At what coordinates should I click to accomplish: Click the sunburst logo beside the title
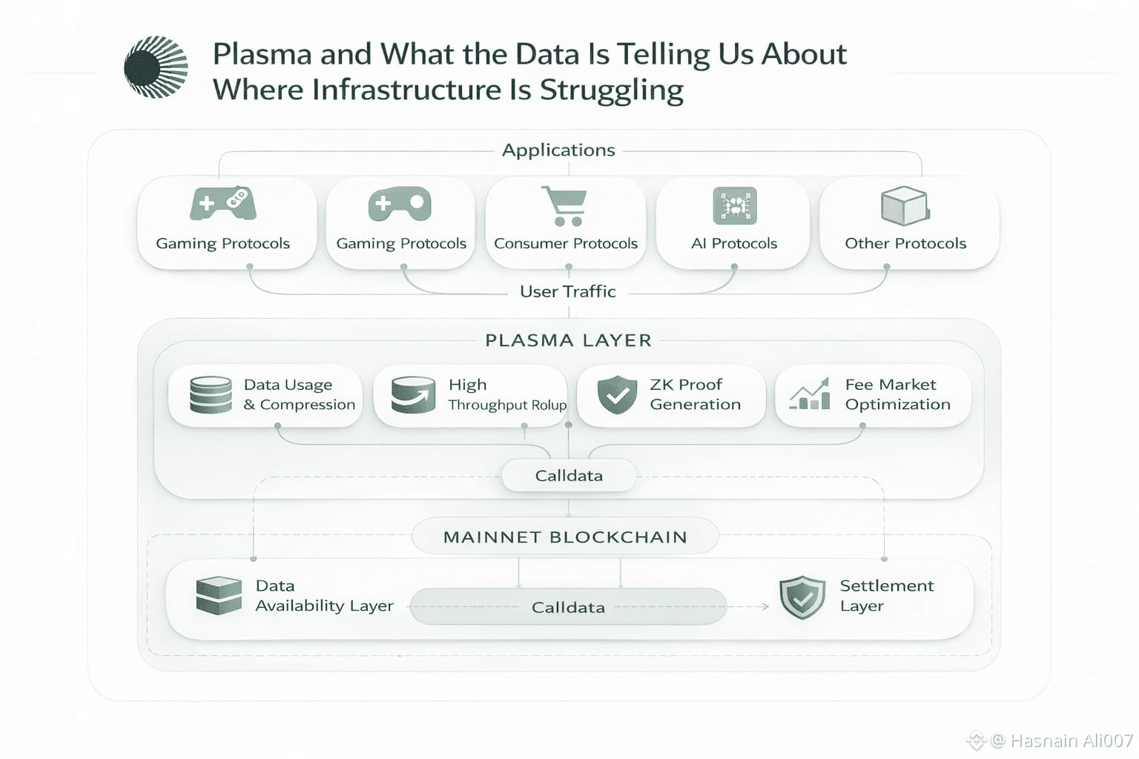pyautogui.click(x=156, y=67)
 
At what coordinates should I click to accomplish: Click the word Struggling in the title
pyautogui.click(x=611, y=90)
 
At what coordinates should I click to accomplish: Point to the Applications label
pyautogui.click(x=558, y=150)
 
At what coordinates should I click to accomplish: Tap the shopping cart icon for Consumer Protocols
pyautogui.click(x=565, y=206)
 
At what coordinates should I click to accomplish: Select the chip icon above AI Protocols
pyautogui.click(x=734, y=205)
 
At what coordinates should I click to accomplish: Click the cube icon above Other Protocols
pyautogui.click(x=905, y=205)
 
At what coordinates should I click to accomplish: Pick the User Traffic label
pyautogui.click(x=568, y=292)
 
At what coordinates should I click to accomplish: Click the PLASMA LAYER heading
pyautogui.click(x=568, y=340)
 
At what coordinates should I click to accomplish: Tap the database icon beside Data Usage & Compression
pyautogui.click(x=211, y=394)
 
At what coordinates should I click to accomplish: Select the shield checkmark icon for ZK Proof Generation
pyautogui.click(x=617, y=394)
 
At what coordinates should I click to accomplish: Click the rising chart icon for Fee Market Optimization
pyautogui.click(x=810, y=394)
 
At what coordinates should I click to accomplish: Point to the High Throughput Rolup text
pyautogui.click(x=507, y=394)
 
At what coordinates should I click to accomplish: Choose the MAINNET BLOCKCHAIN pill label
pyautogui.click(x=565, y=537)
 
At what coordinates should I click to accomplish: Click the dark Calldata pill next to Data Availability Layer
pyautogui.click(x=568, y=607)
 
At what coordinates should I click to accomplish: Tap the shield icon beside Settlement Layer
pyautogui.click(x=802, y=597)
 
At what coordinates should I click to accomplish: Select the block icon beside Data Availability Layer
pyautogui.click(x=219, y=595)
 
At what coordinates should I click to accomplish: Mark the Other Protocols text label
pyautogui.click(x=905, y=244)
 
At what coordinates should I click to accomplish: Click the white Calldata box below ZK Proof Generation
pyautogui.click(x=569, y=476)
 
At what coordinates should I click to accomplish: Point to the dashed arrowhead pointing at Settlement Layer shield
pyautogui.click(x=765, y=606)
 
